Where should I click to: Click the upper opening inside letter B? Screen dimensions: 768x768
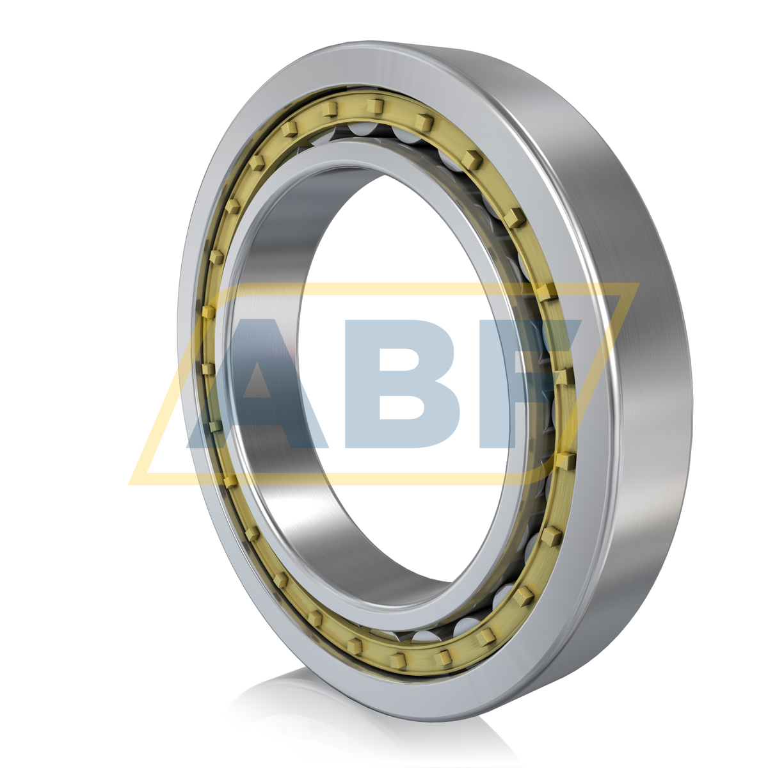[x=403, y=358]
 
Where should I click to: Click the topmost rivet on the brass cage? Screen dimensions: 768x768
[x=375, y=106]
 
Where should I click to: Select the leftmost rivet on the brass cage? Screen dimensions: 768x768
[x=208, y=311]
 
